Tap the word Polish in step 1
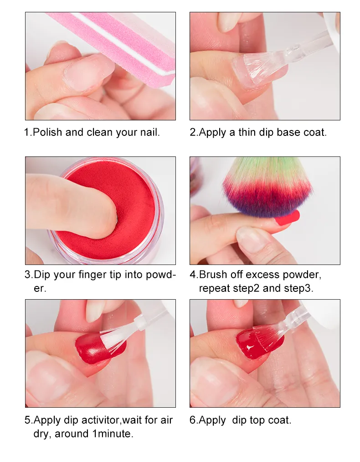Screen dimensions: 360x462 click(x=47, y=132)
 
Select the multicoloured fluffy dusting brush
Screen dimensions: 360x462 click(x=267, y=188)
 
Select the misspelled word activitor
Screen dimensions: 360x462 click(x=100, y=420)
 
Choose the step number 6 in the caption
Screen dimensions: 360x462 click(x=193, y=420)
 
